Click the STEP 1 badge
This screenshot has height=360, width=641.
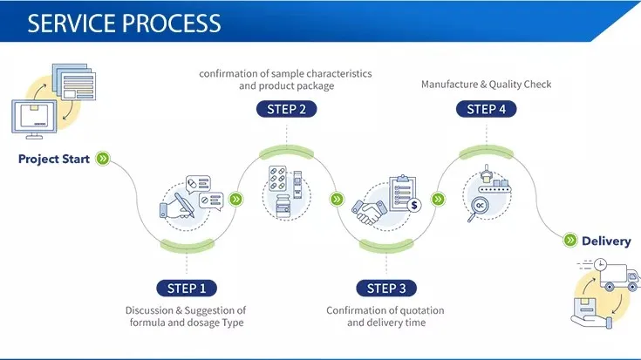tap(187, 288)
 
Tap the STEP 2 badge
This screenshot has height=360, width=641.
tap(287, 109)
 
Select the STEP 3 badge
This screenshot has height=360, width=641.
tap(386, 288)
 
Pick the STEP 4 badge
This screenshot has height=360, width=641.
tap(486, 109)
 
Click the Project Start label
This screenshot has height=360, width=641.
tap(53, 159)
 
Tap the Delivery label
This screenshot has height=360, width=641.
tap(606, 241)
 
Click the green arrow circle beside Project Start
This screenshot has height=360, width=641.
tap(103, 158)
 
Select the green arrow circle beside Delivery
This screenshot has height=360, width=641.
tap(570, 240)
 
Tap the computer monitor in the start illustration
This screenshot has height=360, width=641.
tap(34, 119)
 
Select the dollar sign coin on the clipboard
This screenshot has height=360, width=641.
tap(414, 205)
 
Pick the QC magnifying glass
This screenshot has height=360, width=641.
tap(478, 208)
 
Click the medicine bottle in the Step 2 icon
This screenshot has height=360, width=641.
tap(283, 206)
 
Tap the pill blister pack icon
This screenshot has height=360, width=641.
tap(277, 178)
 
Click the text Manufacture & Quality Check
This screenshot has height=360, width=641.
tap(486, 85)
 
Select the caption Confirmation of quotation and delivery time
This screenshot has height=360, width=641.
tap(385, 316)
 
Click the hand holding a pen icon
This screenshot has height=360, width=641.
tap(177, 206)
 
